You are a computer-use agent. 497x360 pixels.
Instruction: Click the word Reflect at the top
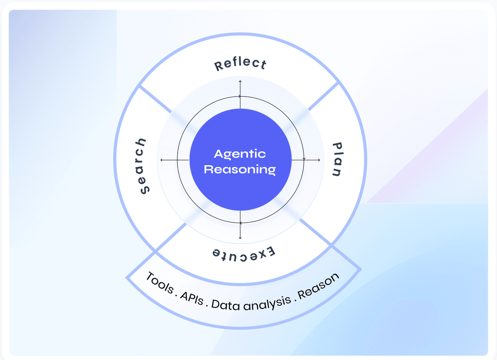tap(240, 64)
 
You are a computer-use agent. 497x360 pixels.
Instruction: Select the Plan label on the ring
tap(337, 160)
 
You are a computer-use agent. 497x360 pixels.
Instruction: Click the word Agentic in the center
tap(240, 154)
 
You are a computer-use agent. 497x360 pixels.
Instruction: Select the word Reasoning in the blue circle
tap(240, 169)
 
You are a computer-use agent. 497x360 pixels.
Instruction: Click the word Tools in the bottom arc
tap(159, 282)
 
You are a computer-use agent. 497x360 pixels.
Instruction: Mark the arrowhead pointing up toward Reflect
tap(240, 82)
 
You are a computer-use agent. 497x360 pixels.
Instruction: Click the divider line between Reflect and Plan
tap(323, 97)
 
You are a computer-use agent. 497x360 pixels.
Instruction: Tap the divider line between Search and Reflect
tap(155, 99)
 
